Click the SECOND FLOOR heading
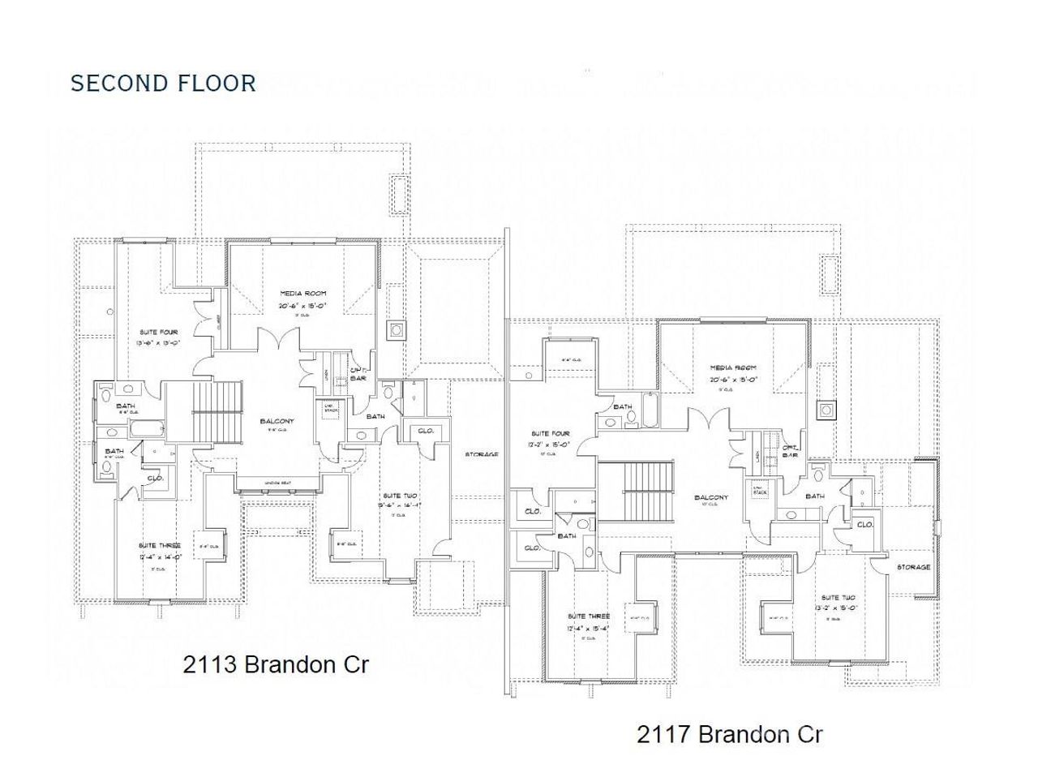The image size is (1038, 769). coord(163,83)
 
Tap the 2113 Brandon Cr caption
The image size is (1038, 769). coord(277,664)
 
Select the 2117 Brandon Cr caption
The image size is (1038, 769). coord(730,735)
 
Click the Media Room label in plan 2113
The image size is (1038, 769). coord(302,293)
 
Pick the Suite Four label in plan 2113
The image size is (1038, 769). coord(153,333)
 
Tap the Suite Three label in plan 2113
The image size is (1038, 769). coord(160,546)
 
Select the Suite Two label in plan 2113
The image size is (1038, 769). coord(400,494)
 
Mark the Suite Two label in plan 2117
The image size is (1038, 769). coord(838,596)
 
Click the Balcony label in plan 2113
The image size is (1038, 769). coord(277,421)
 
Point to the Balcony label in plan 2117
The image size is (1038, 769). coord(712,497)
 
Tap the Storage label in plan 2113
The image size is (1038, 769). coord(482,454)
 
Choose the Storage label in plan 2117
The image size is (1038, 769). coord(914,567)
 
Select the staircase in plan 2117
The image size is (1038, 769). coord(648,487)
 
